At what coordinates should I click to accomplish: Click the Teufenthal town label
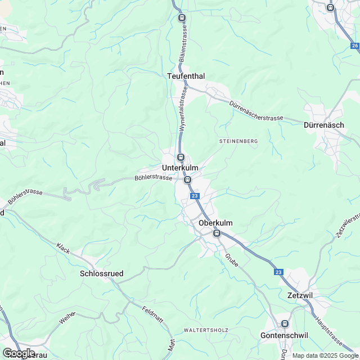186,75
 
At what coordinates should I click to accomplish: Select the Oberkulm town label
215,223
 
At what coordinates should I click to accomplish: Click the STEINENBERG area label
238,141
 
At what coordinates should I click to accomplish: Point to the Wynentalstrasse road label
182,112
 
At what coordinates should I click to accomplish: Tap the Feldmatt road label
152,314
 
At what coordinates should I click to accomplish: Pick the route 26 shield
354,46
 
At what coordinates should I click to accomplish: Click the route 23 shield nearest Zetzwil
279,272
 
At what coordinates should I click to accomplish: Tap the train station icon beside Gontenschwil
285,323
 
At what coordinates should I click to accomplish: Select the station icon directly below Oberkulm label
216,234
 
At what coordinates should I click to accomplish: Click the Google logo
19,353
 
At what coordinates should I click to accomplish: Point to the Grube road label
232,260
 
